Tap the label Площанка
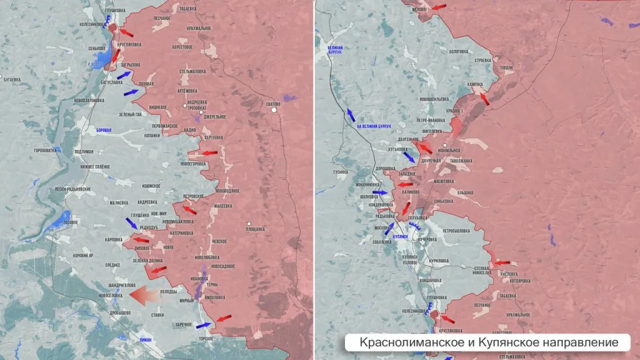click(254, 229)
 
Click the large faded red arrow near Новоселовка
click(144, 295)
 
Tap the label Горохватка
click(46, 151)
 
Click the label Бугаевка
click(12, 79)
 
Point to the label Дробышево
click(121, 312)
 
